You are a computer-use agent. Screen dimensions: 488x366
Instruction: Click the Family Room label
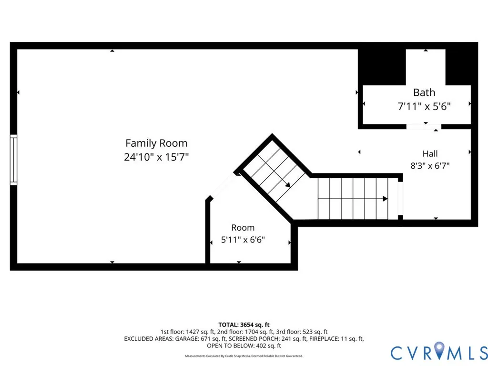[156, 143]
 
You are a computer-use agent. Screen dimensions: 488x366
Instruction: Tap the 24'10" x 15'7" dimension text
[156, 157]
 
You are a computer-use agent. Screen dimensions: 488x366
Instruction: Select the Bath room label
[424, 92]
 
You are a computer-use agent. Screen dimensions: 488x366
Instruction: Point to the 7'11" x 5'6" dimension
[424, 106]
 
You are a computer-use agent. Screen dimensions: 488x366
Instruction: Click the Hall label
[430, 153]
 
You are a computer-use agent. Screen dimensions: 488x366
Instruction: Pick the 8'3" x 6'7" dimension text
[430, 165]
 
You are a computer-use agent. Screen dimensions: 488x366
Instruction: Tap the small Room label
[243, 228]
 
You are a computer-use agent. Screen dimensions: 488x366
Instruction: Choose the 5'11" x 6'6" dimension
[243, 240]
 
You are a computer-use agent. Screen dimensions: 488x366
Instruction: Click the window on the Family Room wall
[13, 160]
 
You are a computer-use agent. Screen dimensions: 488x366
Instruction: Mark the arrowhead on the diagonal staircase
[288, 184]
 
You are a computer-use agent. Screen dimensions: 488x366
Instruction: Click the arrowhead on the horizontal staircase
[385, 199]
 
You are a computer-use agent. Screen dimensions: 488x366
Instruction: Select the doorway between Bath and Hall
[424, 127]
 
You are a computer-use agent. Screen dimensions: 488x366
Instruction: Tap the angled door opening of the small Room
[223, 186]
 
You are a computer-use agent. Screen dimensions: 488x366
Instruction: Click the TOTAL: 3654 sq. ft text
[244, 325]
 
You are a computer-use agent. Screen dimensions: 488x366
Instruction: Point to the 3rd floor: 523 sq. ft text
[302, 332]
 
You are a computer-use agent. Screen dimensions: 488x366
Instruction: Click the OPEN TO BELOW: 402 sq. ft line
[244, 346]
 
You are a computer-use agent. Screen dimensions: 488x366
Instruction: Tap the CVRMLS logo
[439, 353]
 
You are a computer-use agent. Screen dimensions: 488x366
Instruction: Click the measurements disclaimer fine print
[244, 356]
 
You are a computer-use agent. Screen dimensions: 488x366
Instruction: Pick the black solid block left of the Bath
[382, 67]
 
